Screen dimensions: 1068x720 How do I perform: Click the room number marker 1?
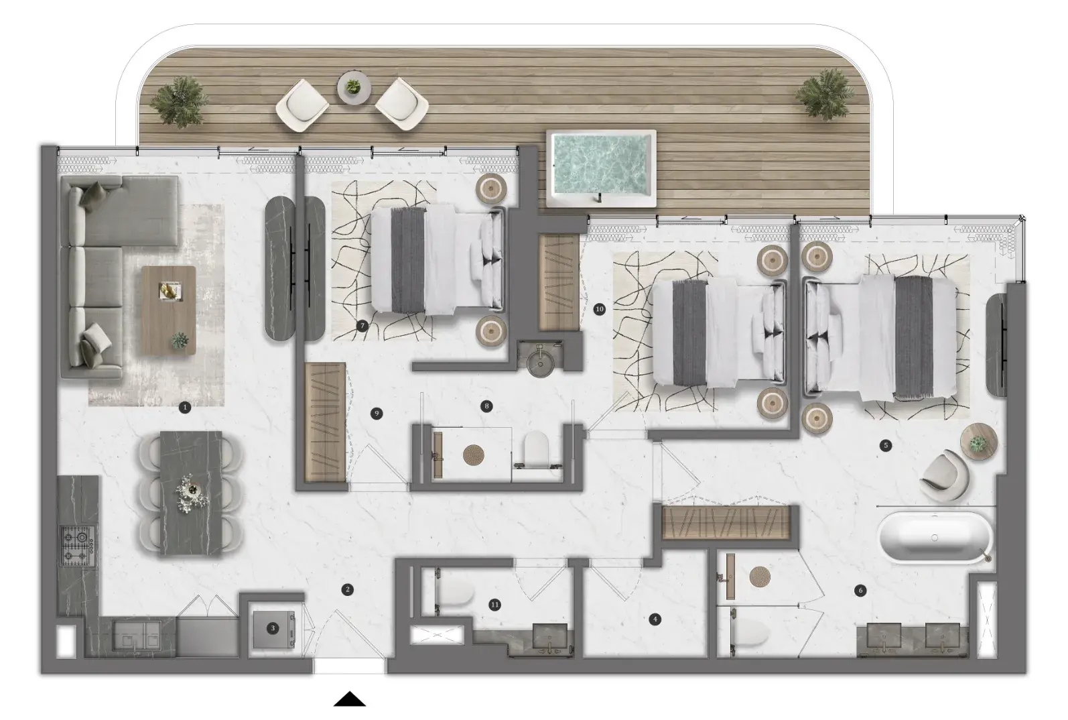[x=184, y=408]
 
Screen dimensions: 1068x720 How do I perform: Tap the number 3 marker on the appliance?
[x=273, y=628]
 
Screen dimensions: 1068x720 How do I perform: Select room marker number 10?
[x=599, y=309]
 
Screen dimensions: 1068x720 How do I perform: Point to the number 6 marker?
[x=860, y=591]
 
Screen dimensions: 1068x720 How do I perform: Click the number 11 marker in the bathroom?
[x=495, y=605]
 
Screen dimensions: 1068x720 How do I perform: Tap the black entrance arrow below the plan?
[x=350, y=699]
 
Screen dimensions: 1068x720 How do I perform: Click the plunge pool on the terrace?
[x=601, y=168]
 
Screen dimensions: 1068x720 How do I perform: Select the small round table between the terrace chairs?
[x=354, y=87]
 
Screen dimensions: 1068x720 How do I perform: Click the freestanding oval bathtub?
[x=935, y=538]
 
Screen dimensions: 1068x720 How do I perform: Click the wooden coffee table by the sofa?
[x=169, y=310]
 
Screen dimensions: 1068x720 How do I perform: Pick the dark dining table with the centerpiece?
[x=191, y=493]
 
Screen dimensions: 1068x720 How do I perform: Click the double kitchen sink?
[x=137, y=635]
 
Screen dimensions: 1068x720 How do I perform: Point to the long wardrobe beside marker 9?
[x=325, y=422]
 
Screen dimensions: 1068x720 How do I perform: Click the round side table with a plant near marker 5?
[x=979, y=442]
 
